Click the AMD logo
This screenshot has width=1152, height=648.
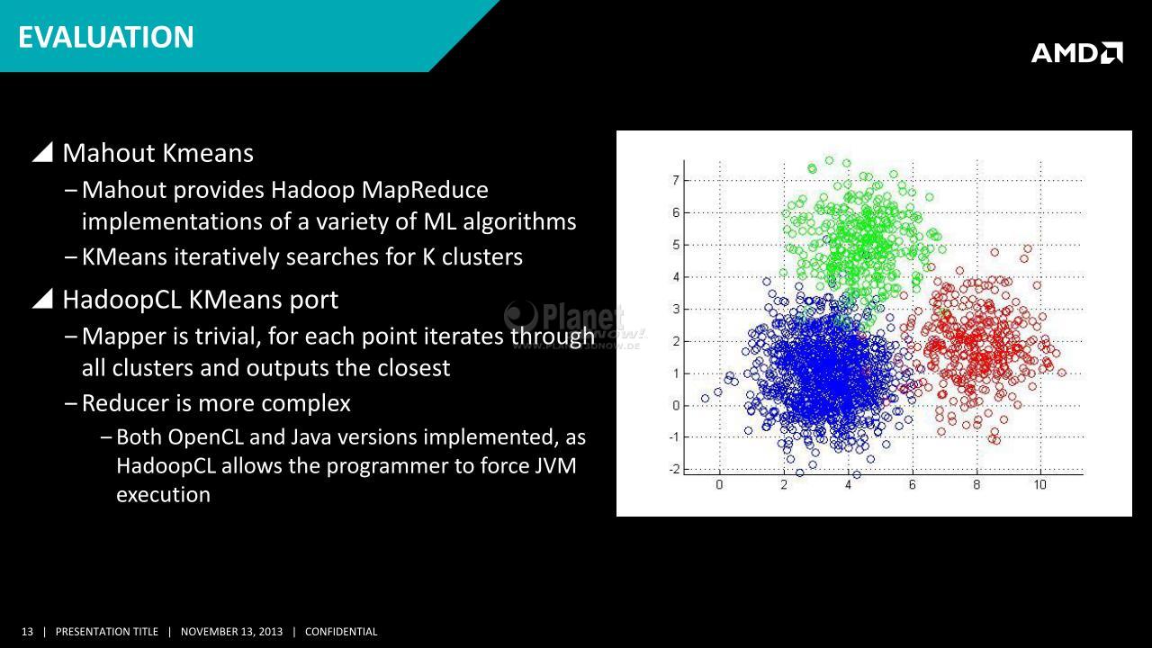tap(1077, 53)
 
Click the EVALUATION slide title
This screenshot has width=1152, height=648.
tap(106, 38)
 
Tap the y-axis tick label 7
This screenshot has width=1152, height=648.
tap(675, 181)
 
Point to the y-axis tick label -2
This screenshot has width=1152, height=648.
tap(674, 470)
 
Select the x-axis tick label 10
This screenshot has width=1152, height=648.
tap(1039, 484)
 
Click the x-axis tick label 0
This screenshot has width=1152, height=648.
tap(719, 484)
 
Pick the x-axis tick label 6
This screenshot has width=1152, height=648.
tap(912, 484)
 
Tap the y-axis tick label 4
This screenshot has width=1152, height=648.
tap(675, 276)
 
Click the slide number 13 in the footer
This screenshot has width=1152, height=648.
tap(27, 632)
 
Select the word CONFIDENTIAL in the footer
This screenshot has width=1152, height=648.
tap(341, 632)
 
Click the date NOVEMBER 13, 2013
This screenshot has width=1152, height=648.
tap(231, 632)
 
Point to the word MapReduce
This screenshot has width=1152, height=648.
tap(425, 190)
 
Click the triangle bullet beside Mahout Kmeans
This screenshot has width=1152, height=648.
tap(44, 153)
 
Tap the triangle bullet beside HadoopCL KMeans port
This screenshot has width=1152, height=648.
tap(44, 299)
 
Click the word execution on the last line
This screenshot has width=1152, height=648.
tap(164, 495)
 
